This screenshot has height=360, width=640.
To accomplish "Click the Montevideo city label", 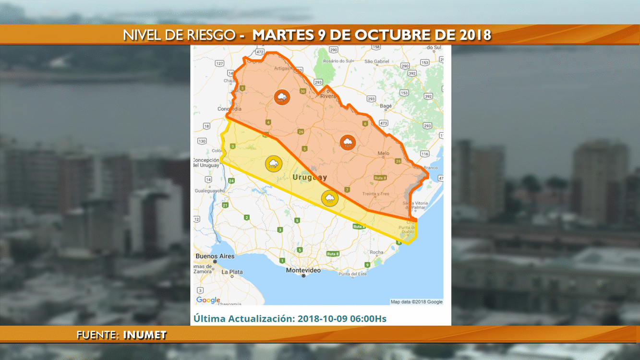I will click(x=303, y=270).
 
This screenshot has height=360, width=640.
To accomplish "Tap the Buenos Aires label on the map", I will click(x=215, y=256).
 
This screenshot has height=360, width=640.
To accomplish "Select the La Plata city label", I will click(x=232, y=272).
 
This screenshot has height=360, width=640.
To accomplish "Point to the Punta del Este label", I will click(x=352, y=274).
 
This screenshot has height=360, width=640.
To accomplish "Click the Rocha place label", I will click(x=376, y=252).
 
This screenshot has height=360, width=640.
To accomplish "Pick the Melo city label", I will click(x=383, y=154).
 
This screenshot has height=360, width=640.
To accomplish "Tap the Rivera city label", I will click(x=328, y=96).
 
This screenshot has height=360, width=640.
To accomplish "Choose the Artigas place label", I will click(x=281, y=69).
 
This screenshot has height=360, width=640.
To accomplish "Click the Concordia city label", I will click(x=215, y=109).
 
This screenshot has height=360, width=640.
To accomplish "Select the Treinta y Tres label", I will click(x=376, y=193).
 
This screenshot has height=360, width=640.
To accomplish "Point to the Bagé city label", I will click(x=386, y=106).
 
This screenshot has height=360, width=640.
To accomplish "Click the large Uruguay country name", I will click(x=310, y=178).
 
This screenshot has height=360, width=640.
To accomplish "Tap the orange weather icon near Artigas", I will click(x=282, y=97).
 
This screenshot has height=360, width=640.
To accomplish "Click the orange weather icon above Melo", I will click(x=347, y=142).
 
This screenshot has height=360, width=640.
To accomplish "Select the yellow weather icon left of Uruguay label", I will click(x=274, y=164).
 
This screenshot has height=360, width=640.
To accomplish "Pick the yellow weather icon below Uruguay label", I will click(x=329, y=198).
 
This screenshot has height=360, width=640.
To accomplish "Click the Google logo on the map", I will click(x=208, y=300).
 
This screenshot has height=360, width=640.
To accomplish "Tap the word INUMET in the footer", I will click(x=145, y=335).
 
